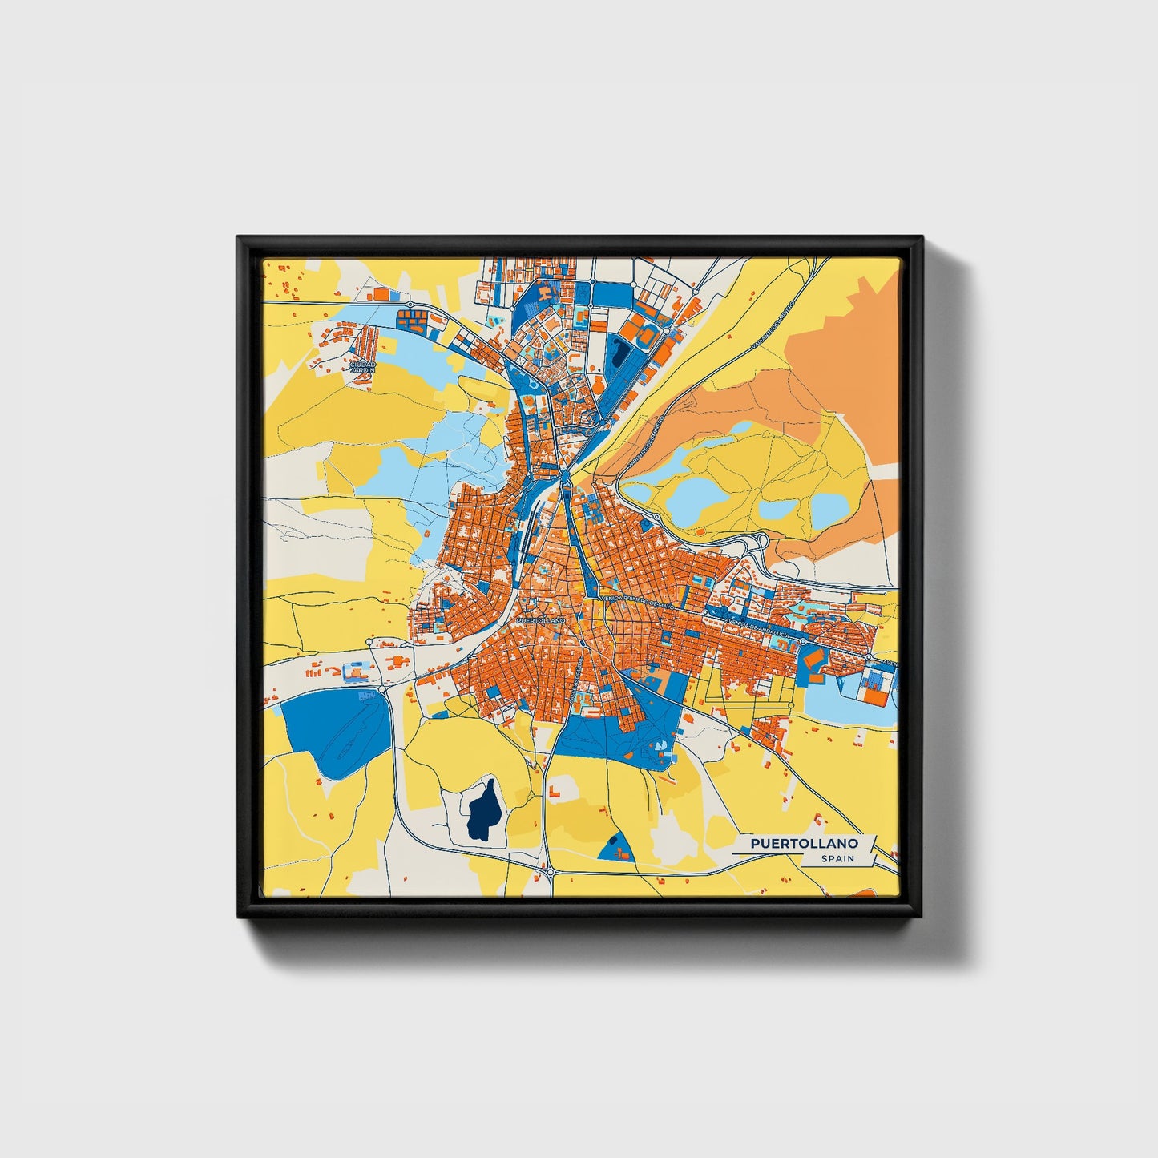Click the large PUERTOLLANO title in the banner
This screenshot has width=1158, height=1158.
[805, 844]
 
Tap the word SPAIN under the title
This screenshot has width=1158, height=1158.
[837, 859]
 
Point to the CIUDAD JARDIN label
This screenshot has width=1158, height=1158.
[362, 367]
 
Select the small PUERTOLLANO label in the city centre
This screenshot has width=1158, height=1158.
[542, 620]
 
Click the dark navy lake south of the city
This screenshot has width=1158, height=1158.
[484, 810]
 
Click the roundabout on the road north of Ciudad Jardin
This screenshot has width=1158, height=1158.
[410, 305]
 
